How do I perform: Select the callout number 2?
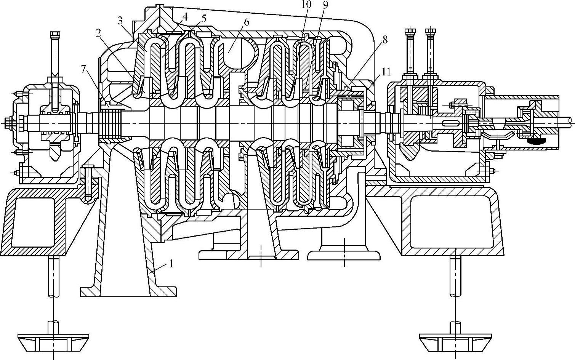click(x=99, y=33)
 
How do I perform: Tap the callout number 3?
click(x=121, y=21)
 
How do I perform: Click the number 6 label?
click(x=246, y=22)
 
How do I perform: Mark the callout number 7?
click(x=83, y=69)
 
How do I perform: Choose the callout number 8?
click(x=384, y=39)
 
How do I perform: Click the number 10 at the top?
click(x=306, y=5)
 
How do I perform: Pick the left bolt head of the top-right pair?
click(x=411, y=31)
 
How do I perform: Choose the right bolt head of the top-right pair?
click(x=431, y=31)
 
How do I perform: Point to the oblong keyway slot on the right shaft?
click(x=451, y=123)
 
